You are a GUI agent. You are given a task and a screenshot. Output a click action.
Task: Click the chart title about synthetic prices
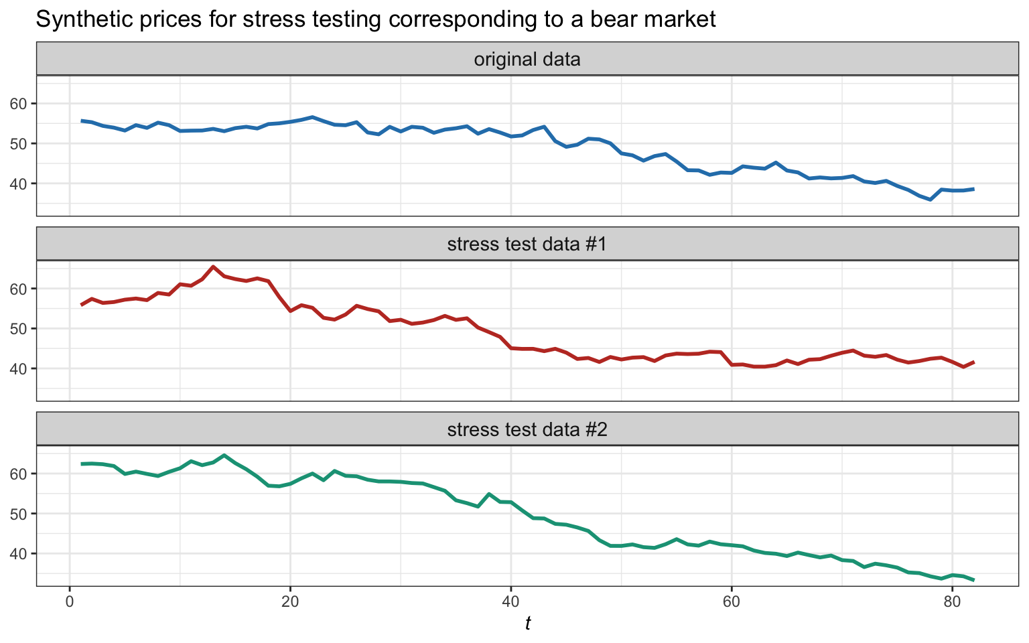coord(375,19)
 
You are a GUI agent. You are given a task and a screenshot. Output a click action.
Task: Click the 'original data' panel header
coord(527,60)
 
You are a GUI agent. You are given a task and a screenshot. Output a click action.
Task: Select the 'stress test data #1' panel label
coord(527,244)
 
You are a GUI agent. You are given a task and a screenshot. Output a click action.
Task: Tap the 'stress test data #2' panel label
coord(527,429)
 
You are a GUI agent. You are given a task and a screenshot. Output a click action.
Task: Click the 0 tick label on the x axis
coord(70,600)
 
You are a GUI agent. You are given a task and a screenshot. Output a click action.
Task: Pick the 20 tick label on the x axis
coord(290,600)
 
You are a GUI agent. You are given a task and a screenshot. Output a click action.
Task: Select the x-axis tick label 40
coord(510,600)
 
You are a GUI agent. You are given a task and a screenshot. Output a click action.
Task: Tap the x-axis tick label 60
coord(731,600)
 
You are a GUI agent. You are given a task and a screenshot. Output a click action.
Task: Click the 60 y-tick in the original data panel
coord(20,104)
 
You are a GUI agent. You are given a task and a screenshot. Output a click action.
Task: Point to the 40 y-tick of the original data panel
coord(20,184)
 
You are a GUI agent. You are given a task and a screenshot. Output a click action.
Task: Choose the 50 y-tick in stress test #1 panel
coord(20,329)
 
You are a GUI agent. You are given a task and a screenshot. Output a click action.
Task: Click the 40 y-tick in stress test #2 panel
coord(20,554)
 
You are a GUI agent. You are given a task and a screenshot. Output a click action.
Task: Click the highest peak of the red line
coord(213,267)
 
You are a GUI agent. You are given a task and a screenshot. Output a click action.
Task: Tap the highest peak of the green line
coord(224,455)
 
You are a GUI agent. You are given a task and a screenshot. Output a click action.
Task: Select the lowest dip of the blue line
coord(930,200)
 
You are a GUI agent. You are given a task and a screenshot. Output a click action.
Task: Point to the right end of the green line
coord(973,580)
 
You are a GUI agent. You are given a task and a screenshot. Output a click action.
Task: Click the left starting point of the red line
coord(81,305)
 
